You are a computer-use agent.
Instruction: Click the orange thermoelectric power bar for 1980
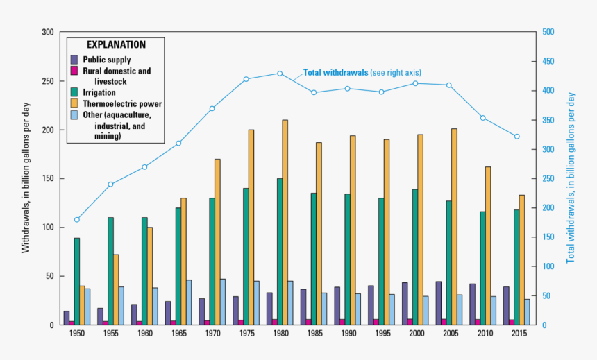pos(285,222)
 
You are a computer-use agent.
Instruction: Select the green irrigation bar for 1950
pos(77,281)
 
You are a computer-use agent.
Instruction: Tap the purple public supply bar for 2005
pos(438,303)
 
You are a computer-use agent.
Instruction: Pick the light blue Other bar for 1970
pos(223,302)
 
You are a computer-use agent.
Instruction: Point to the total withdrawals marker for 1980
pos(280,74)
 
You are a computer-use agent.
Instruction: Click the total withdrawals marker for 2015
pos(516,137)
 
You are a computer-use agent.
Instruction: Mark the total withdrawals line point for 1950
pos(77,220)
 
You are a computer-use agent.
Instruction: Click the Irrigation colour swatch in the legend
pos(74,92)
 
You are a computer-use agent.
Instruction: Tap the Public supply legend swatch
pos(74,60)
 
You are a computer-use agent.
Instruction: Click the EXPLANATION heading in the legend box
pos(116,44)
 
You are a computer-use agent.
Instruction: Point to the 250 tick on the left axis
pos(48,81)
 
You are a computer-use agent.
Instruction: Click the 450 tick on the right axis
pos(548,62)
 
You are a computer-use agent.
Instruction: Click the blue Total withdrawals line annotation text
pos(362,72)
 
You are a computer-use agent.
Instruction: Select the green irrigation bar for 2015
pos(516,267)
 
